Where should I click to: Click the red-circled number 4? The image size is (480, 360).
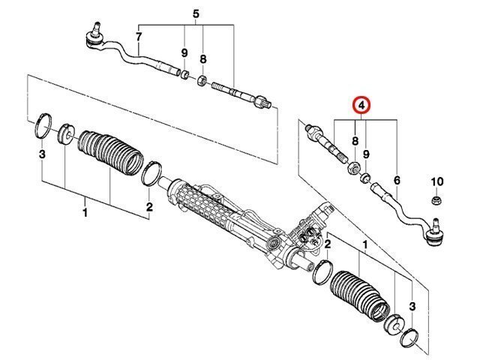(x=361, y=106)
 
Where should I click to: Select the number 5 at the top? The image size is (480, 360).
(x=196, y=14)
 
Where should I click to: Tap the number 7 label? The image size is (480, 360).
(x=139, y=37)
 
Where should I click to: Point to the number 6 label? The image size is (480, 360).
(x=397, y=180)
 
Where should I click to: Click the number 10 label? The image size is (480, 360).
(x=436, y=181)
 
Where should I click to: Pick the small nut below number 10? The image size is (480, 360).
(x=436, y=200)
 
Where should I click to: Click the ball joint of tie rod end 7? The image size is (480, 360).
(x=95, y=36)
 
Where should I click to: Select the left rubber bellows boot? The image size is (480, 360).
(x=110, y=152)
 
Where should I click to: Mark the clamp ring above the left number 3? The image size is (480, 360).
(x=42, y=126)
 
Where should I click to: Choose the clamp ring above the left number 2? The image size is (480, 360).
(x=151, y=174)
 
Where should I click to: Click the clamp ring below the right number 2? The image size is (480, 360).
(x=322, y=272)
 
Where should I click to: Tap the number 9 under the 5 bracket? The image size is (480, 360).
(x=184, y=53)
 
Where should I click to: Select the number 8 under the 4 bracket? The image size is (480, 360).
(x=355, y=141)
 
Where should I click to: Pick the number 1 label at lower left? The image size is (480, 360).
(x=85, y=211)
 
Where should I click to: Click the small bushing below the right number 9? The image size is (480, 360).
(x=365, y=177)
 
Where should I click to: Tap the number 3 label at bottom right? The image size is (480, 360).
(x=412, y=306)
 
